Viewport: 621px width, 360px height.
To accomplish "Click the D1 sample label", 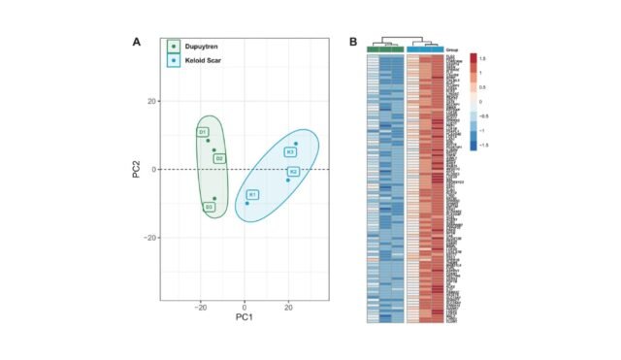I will (202, 131).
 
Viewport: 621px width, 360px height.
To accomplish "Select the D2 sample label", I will (219, 158).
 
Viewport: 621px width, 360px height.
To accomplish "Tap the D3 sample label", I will (209, 207).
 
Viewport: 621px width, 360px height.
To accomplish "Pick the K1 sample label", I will (252, 195).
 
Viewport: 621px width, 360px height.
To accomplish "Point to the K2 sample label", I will (293, 172).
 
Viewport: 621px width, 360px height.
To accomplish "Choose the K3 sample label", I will (290, 152).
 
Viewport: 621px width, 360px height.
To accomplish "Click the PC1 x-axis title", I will (244, 316).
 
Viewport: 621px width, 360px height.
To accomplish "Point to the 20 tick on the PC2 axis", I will (152, 101).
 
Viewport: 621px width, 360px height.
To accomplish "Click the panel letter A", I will (137, 42).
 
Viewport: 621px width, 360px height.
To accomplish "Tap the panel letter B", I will (353, 42).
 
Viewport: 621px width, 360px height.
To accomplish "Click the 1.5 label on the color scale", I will (481, 58).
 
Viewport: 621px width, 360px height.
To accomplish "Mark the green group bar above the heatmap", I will (386, 49).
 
